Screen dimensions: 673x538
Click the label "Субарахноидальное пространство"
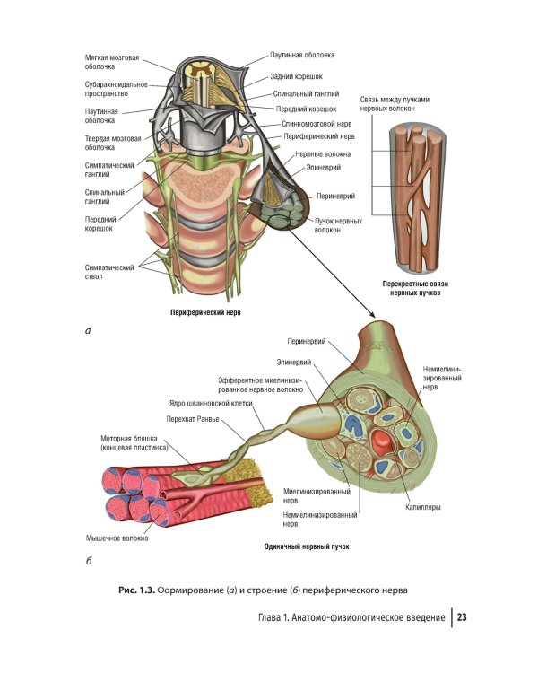point(114,88)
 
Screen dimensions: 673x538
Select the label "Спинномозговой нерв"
point(315,124)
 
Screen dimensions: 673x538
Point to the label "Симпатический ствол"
point(109,272)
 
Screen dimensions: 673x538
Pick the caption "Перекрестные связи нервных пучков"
point(414,289)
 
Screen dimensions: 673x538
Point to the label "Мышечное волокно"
point(117,538)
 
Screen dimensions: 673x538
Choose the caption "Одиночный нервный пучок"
point(306,546)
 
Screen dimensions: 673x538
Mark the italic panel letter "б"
point(88,563)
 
